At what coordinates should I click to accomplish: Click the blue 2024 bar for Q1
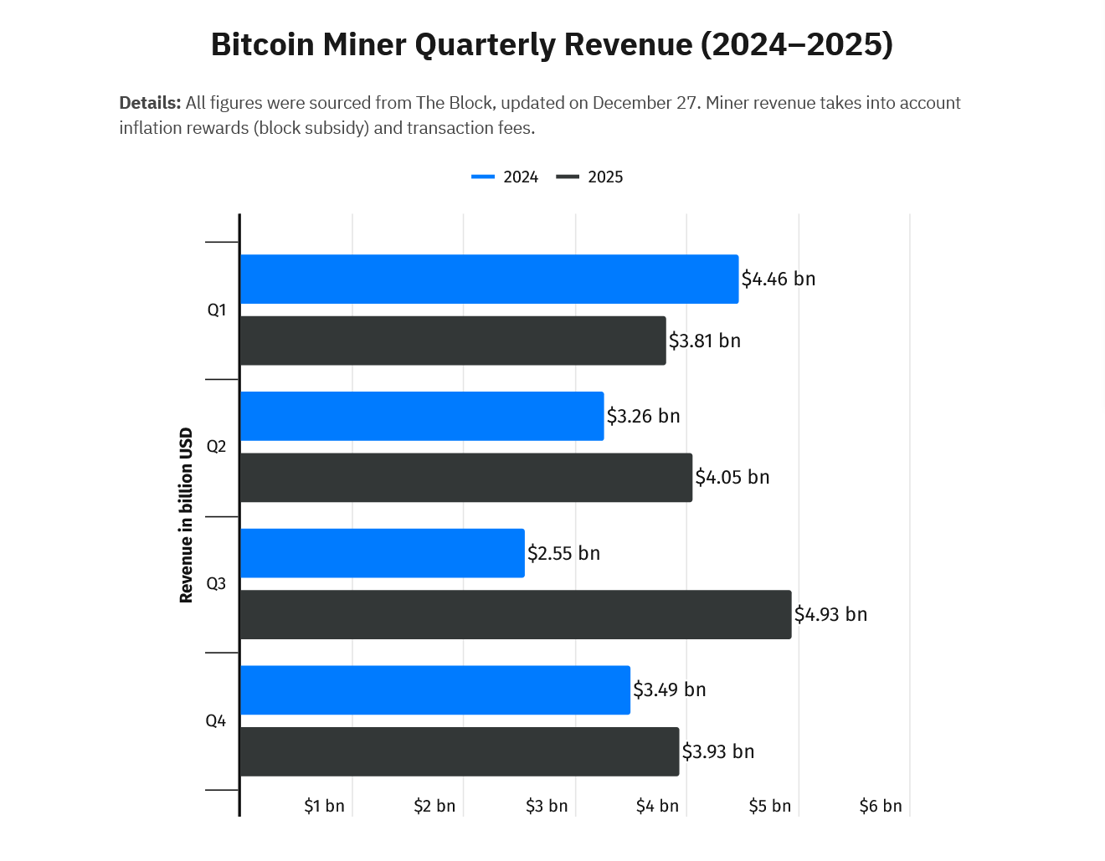coord(489,279)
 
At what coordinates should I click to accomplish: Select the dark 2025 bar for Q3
coord(515,615)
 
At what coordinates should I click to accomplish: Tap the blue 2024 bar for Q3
coord(382,553)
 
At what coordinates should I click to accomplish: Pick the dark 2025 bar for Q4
coord(459,751)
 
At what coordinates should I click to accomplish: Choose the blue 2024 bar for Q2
coord(421,416)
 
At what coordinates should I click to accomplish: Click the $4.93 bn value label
coord(830,615)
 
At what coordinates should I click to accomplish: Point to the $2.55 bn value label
coord(563,553)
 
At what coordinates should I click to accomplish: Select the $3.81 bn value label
coord(704,341)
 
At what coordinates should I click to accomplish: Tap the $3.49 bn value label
coord(669,690)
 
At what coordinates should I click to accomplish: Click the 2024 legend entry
coord(506,177)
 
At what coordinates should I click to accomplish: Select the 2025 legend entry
coord(591,177)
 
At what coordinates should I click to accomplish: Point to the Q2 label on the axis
coord(216,447)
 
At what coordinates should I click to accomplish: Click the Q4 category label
coord(216,720)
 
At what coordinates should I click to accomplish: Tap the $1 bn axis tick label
coord(324,806)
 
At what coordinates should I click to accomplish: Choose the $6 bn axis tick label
coord(881,806)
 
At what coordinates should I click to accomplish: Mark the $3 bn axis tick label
coord(547,806)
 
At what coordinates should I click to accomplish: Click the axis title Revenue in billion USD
coord(186,515)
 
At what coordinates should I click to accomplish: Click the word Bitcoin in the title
coord(263,44)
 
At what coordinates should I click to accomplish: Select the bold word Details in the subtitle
coord(150,103)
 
